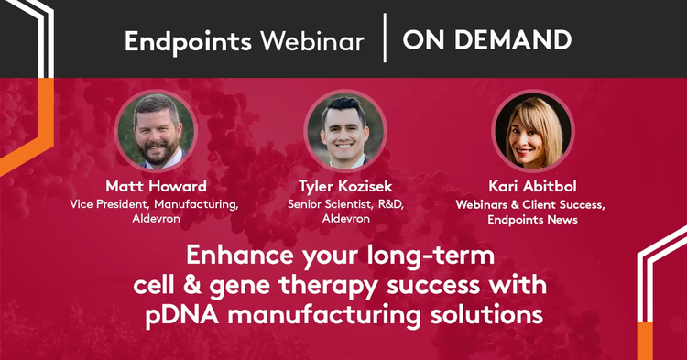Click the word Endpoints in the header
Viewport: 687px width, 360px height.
coord(188,42)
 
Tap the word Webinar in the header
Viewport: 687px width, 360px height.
coord(312,41)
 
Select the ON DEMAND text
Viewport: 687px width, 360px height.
coord(486,40)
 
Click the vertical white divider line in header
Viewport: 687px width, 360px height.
coord(385,38)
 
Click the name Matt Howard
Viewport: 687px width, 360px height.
coord(157,186)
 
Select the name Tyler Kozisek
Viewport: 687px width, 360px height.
coord(345,186)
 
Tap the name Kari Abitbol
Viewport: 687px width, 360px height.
coord(532,186)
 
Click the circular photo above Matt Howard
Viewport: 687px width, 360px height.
coord(156,131)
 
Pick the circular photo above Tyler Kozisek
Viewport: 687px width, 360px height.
coord(345,131)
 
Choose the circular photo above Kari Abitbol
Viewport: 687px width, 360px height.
coord(533,131)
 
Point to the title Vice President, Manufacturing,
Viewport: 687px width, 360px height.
coord(154,204)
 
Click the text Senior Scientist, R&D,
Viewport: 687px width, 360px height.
coord(345,204)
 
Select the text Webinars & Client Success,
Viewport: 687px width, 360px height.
coord(530,205)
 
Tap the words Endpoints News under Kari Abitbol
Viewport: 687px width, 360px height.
coord(532,220)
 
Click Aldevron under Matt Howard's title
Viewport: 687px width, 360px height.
coord(157,219)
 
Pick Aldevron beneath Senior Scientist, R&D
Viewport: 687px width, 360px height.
coord(346,219)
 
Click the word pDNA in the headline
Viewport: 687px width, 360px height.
coord(182,315)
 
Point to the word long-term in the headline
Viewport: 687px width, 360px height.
coord(431,256)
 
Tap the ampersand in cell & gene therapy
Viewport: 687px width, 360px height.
coord(192,285)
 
